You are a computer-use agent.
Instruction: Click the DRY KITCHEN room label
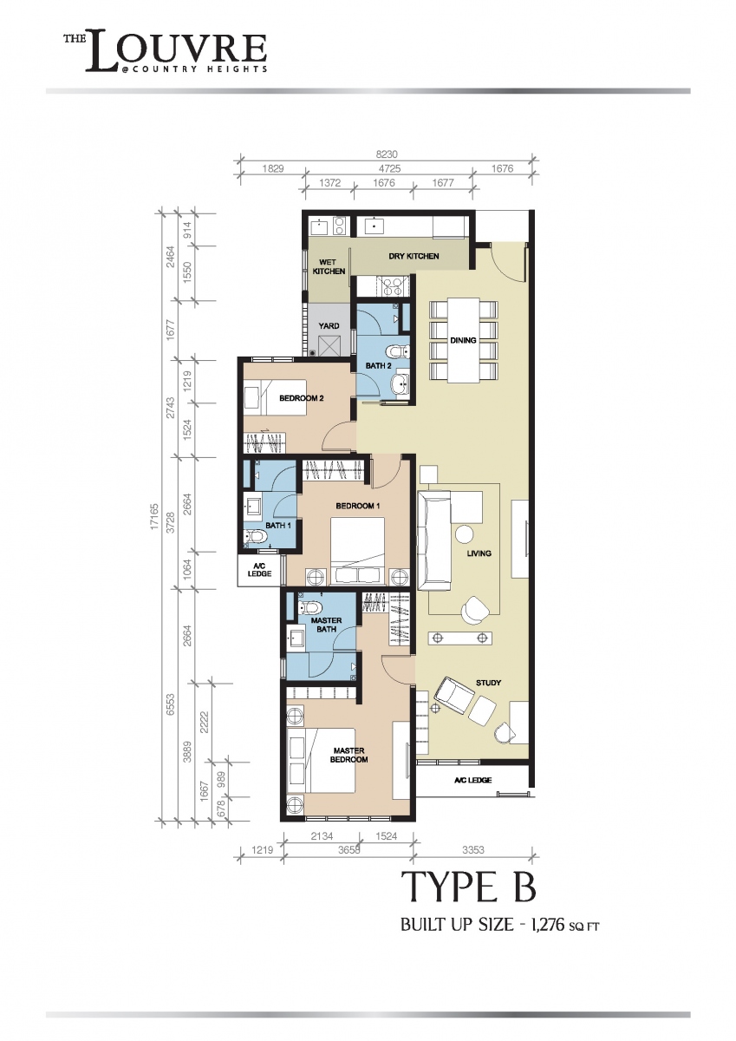coord(414,256)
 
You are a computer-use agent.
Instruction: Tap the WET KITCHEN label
coord(329,267)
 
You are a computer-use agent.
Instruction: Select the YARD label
coord(329,326)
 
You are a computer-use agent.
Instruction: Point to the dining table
coord(463,341)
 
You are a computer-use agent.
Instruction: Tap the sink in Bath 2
coord(400,383)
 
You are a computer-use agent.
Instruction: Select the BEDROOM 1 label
coord(357,506)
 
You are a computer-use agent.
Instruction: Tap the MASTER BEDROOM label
coord(348,756)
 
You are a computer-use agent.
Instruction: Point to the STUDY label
coord(488,683)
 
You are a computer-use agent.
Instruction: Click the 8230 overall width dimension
coord(387,154)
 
